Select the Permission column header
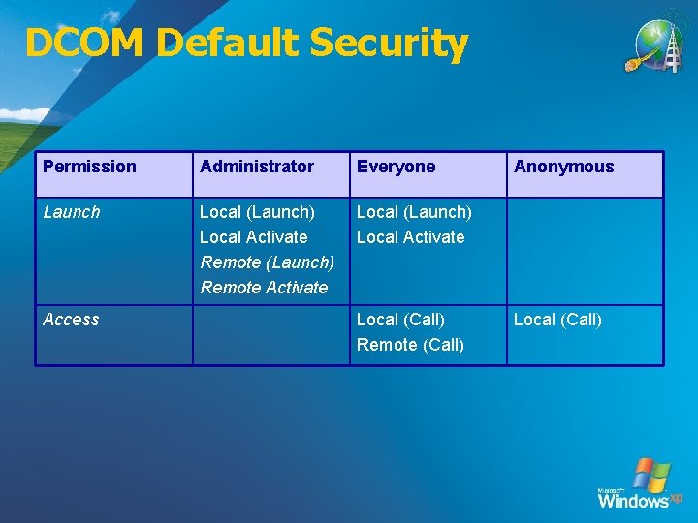[89, 167]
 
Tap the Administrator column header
[257, 167]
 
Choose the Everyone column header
[396, 167]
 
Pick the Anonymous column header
[563, 167]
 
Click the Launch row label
[71, 211]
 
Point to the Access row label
[71, 320]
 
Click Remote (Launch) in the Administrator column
[268, 262]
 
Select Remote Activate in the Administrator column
[264, 288]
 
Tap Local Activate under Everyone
[410, 237]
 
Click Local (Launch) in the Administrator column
[257, 211]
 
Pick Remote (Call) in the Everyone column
[410, 345]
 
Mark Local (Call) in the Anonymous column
[557, 320]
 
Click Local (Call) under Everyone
[400, 320]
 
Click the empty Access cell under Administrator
[270, 335]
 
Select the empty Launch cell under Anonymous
[585, 251]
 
